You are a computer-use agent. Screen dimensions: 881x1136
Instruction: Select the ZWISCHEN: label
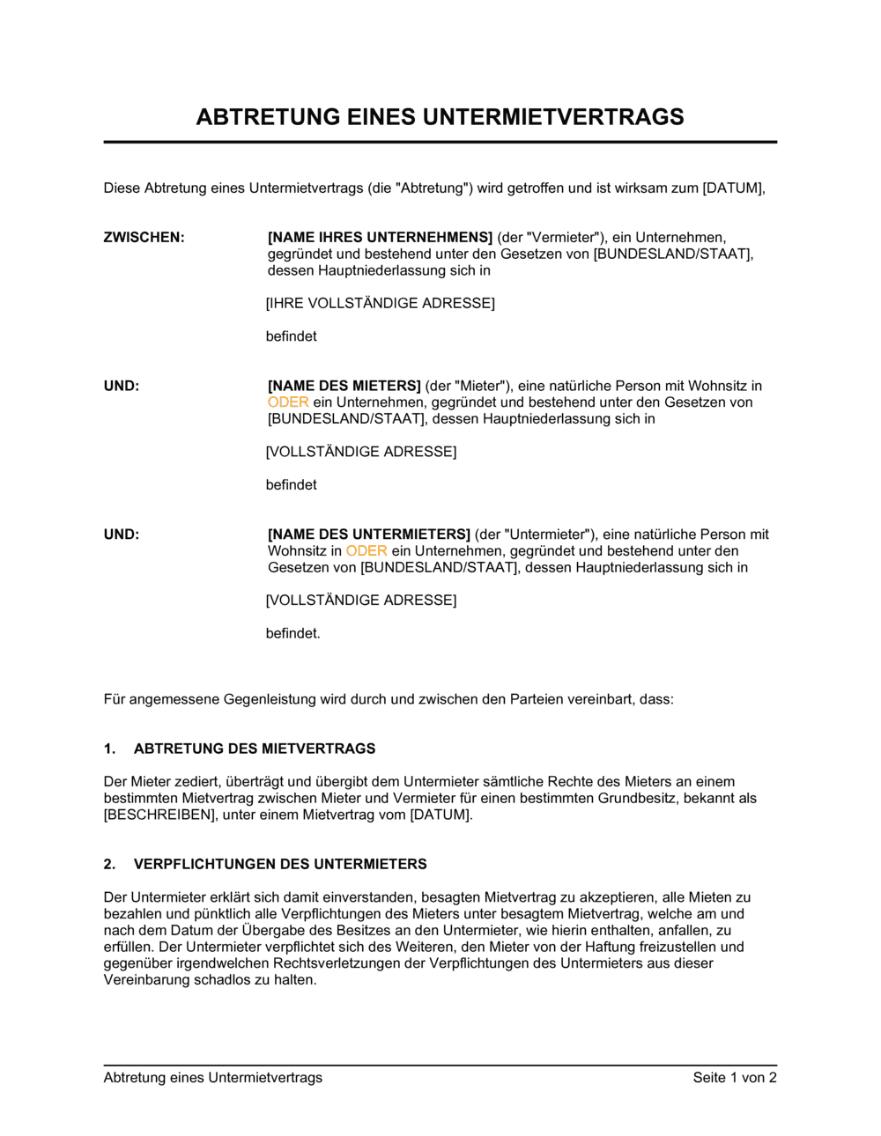(144, 237)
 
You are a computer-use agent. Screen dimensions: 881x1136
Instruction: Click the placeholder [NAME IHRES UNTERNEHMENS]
(380, 237)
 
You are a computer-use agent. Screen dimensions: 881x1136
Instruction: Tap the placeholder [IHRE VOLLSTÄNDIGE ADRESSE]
(380, 303)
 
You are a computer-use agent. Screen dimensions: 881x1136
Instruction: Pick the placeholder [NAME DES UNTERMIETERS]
(369, 535)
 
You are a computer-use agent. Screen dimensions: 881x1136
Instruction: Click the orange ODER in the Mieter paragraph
(288, 402)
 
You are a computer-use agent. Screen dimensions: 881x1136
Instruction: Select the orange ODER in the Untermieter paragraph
(366, 551)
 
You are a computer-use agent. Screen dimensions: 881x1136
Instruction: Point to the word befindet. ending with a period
(292, 633)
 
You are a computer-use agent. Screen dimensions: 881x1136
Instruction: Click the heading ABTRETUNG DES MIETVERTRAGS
(255, 749)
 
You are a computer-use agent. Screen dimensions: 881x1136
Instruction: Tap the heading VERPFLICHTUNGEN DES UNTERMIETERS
(280, 864)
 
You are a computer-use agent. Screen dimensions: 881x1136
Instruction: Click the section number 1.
(109, 749)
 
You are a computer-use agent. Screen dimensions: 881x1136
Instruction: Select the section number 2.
(109, 864)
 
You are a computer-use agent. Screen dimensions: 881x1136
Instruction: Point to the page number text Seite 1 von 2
(735, 1077)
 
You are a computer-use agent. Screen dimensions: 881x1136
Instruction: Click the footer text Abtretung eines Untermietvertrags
(212, 1077)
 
